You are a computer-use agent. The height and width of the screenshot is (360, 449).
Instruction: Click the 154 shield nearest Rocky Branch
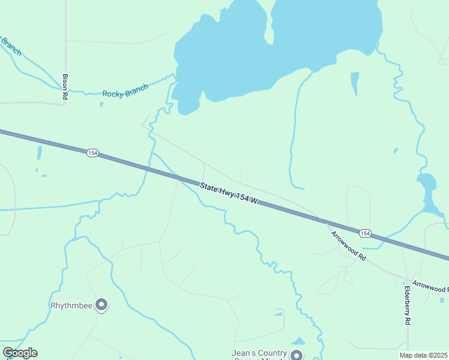pos(92,154)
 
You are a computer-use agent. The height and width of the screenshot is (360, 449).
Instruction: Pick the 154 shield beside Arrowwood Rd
pos(365,233)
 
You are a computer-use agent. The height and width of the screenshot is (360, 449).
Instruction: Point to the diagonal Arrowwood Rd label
pos(349,245)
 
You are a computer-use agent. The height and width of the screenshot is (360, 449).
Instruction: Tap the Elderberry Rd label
pos(407,305)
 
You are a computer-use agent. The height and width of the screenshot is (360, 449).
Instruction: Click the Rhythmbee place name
pos(71,305)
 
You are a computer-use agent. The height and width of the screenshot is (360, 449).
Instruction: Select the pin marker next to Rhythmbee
pos(101,305)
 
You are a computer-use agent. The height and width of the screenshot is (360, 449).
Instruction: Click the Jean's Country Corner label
pos(260,354)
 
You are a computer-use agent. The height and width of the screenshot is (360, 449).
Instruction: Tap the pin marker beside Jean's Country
pos(297,355)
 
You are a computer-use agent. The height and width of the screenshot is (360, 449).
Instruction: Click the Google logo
pos(20,353)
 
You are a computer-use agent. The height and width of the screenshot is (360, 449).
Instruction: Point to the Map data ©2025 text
pos(424,355)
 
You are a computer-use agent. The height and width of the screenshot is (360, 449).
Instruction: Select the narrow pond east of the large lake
pos(355,83)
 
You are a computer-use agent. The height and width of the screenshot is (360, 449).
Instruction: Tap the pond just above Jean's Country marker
pos(298,341)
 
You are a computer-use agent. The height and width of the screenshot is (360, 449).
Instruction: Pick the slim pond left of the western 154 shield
pos(39,153)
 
